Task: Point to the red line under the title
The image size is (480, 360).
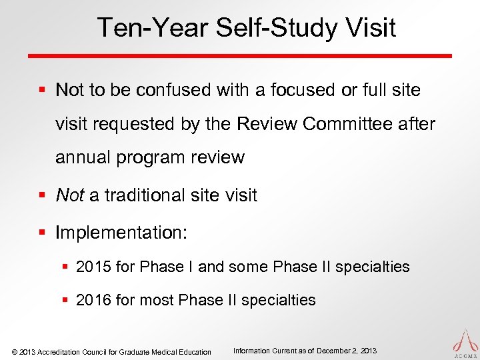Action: click(240, 56)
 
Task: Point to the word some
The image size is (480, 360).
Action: click(247, 267)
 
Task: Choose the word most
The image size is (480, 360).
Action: click(157, 300)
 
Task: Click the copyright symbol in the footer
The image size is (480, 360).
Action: click(15, 352)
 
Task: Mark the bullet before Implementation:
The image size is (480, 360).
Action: click(43, 233)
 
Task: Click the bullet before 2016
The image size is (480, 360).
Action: click(66, 301)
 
